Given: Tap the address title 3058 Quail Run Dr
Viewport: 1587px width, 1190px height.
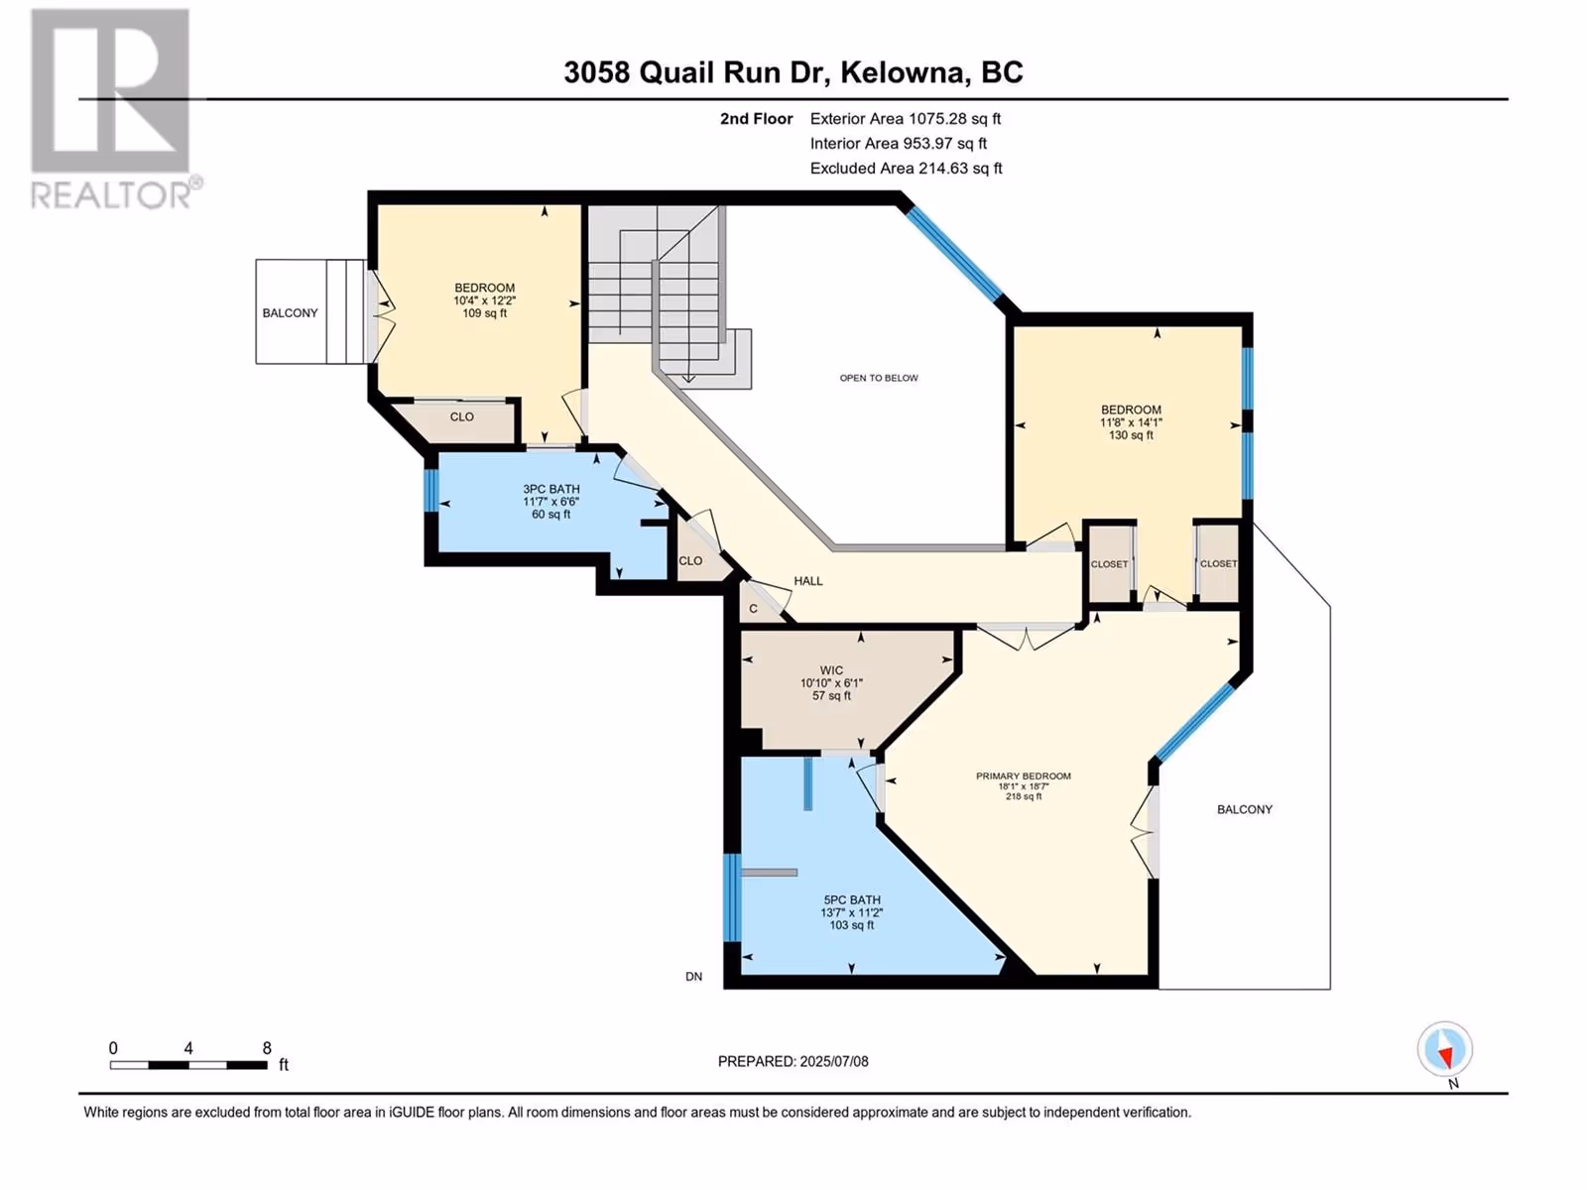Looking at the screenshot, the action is pos(695,72).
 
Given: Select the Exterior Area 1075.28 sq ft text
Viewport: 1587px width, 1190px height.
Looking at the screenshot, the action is pos(906,118).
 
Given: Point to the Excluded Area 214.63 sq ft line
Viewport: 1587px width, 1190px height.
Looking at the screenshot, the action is pos(906,169).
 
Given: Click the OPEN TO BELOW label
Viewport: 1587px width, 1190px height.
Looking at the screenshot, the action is pos(879,378).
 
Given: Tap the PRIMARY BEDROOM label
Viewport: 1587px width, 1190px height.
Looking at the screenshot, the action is pos(1023,776).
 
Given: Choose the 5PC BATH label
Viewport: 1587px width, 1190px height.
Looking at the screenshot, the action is pos(852,900).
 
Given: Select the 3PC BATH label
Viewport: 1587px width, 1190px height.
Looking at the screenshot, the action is pos(550,489).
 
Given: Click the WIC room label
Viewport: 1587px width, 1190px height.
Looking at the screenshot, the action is pos(831,670).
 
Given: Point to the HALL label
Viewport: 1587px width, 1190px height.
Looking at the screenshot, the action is pos(807,581).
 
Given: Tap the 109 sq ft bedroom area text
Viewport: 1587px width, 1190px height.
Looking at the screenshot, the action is pos(484,313).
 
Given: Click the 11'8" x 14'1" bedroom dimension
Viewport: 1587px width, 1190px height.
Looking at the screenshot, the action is pos(1131,422).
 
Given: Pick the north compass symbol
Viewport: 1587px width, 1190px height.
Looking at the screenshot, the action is pos(1444,1050).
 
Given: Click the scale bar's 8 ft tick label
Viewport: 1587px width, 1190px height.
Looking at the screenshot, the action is pos(267,1048).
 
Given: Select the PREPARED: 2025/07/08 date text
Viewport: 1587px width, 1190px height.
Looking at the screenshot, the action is pos(793,1061).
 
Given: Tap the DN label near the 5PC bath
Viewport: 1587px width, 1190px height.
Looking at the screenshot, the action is pos(693,977).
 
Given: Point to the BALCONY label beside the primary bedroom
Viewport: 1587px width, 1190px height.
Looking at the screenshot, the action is pos(1244,810).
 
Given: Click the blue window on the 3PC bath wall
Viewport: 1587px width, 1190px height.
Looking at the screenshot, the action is pos(430,491).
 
